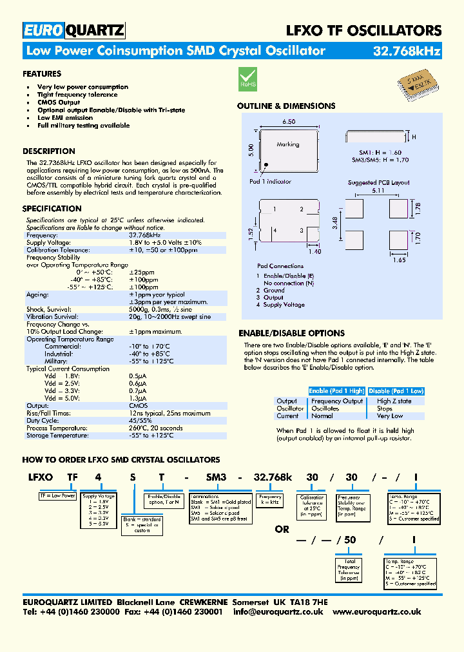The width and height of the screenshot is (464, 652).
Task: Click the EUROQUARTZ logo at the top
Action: [74, 30]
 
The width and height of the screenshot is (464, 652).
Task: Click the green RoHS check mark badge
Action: [248, 77]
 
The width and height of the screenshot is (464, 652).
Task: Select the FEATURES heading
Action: [42, 74]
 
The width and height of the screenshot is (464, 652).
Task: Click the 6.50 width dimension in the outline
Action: [288, 121]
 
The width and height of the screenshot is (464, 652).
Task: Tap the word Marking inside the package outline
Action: [288, 145]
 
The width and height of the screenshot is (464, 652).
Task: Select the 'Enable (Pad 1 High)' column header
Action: [336, 391]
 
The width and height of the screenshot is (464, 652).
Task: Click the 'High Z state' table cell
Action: [394, 401]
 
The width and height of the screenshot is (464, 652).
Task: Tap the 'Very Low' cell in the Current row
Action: [390, 416]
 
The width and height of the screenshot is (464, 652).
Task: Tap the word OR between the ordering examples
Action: [283, 529]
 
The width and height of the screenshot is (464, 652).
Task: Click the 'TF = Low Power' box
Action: [58, 496]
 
